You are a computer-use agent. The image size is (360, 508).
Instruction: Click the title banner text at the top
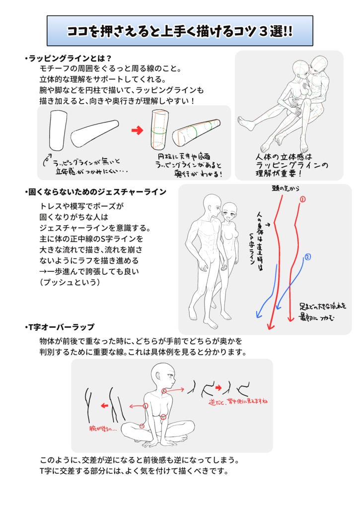pos(180,31)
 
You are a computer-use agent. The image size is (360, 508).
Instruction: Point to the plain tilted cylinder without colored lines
pos(95,133)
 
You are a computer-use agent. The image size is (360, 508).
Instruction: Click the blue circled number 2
pos(307,257)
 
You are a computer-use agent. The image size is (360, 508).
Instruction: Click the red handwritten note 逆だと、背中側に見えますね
pos(239,400)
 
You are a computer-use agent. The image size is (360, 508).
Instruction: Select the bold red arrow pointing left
pos(105,406)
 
